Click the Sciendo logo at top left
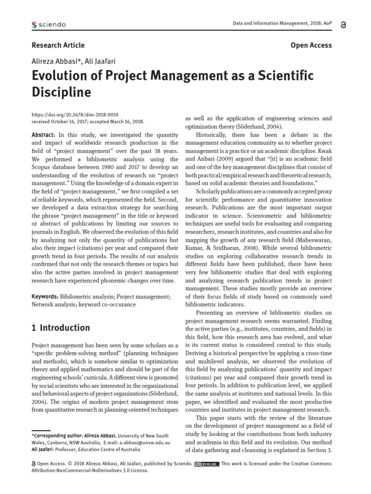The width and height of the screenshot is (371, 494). [x=48, y=25]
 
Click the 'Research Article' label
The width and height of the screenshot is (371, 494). [x=58, y=45]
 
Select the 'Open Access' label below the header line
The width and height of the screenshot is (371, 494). [x=311, y=45]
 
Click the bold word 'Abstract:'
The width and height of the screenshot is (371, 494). [x=43, y=136]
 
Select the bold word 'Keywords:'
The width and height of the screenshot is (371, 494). [x=44, y=296]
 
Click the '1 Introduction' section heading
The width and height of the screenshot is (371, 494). [x=61, y=328]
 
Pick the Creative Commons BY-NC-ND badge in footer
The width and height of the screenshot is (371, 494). [x=207, y=464]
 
